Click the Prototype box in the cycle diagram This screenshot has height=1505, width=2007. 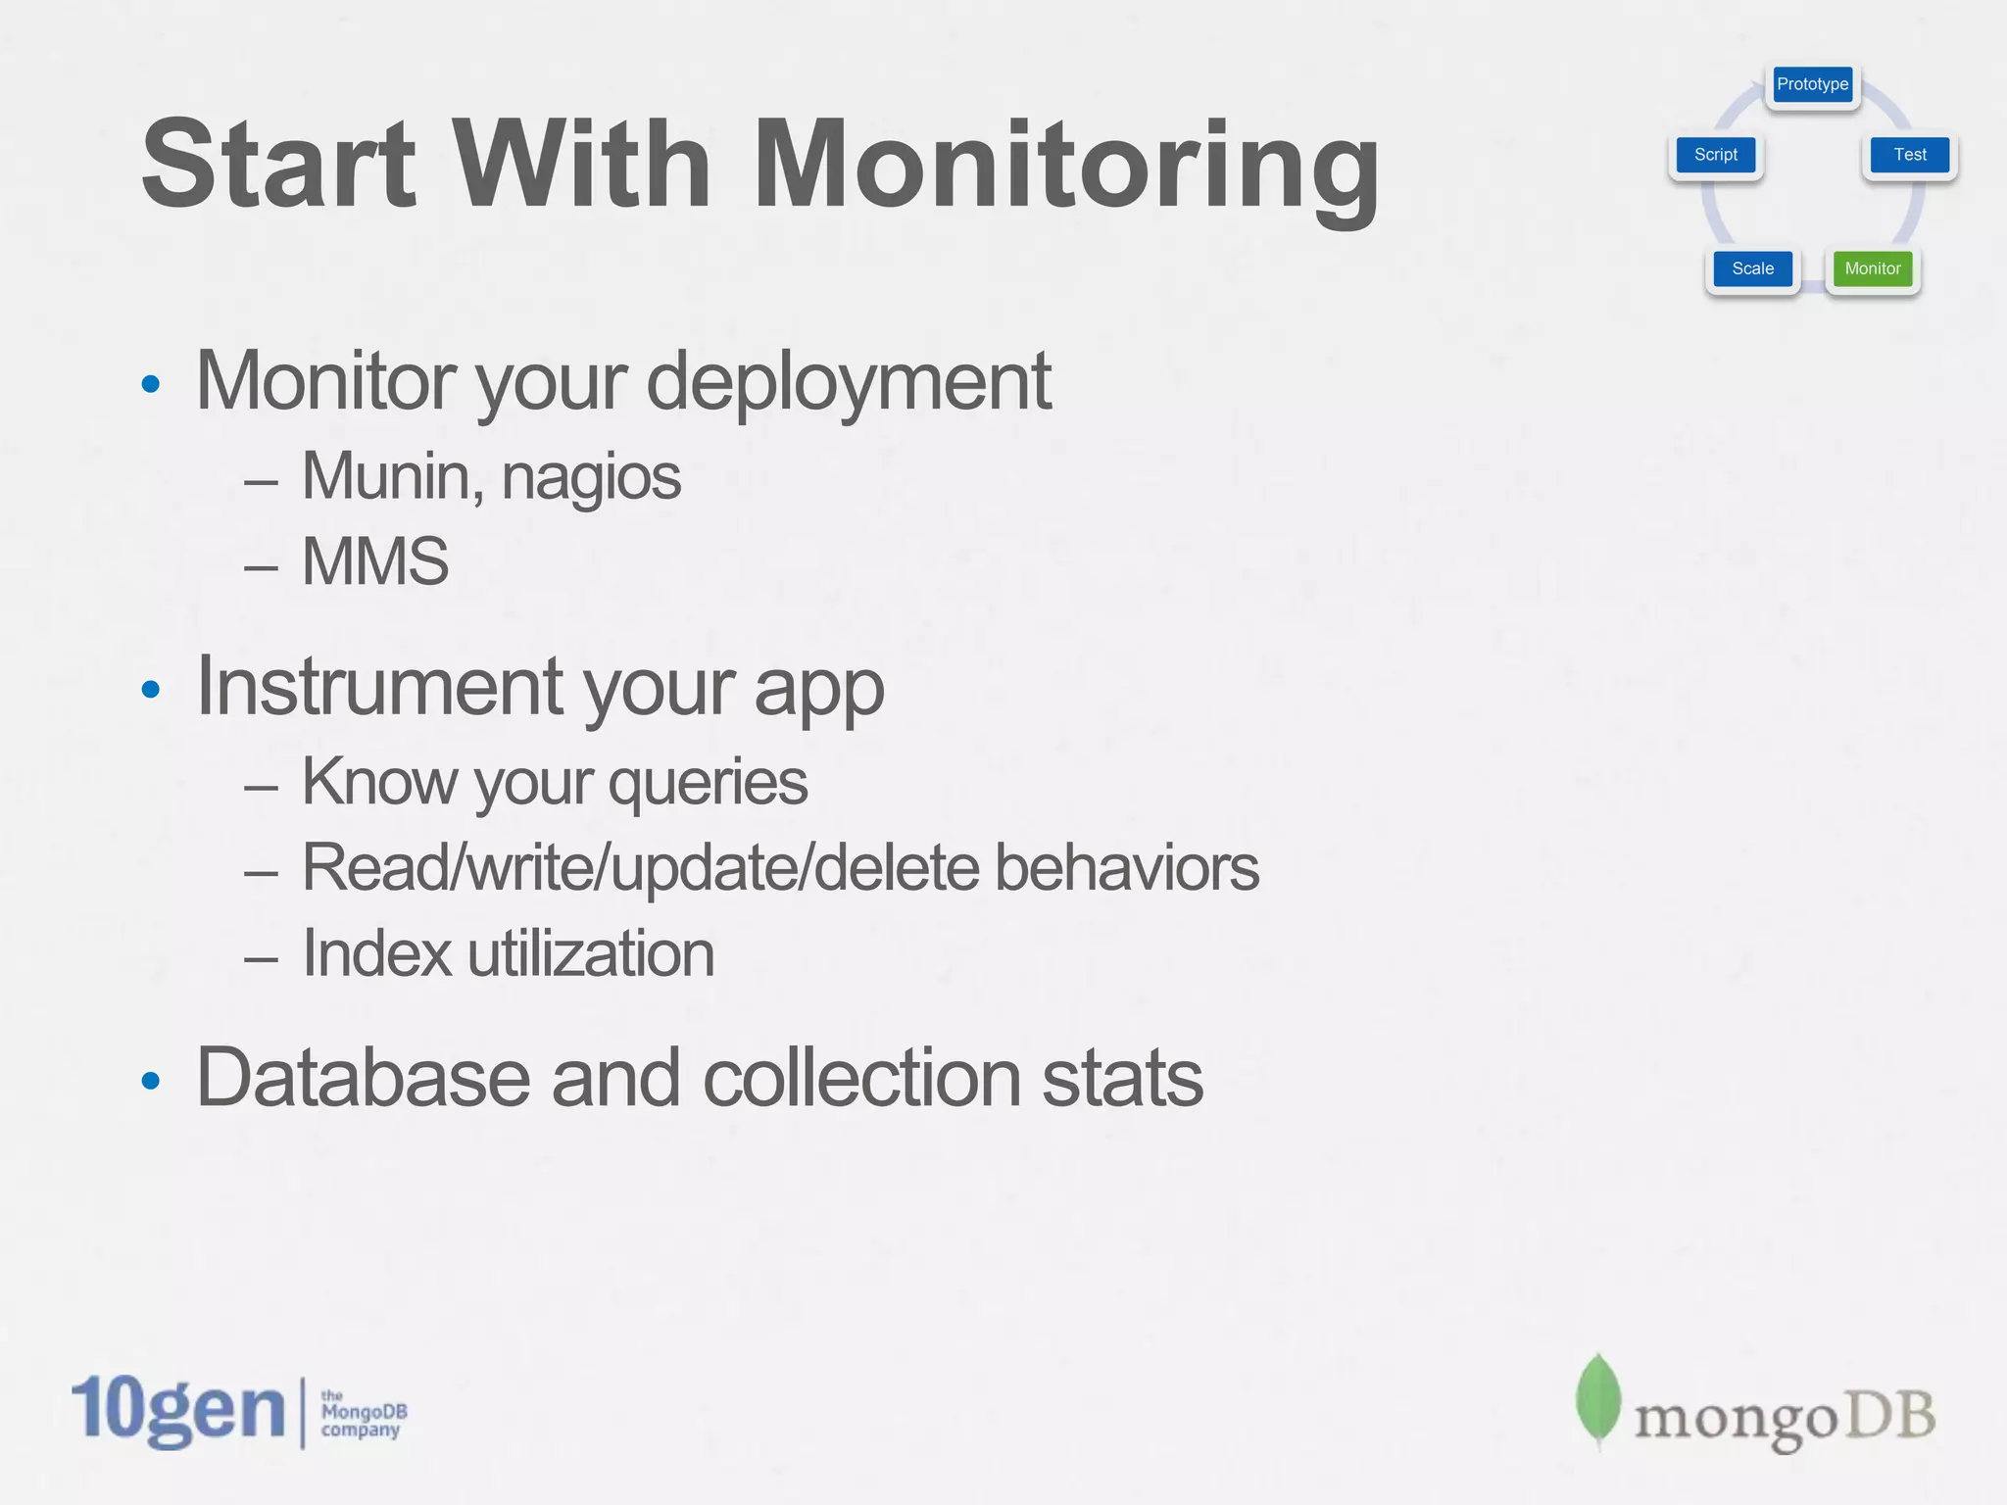click(1812, 84)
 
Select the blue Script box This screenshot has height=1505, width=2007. click(1715, 155)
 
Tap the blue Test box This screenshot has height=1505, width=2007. click(1909, 155)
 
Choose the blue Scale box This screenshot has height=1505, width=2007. click(1752, 268)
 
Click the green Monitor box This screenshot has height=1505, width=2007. click(1872, 268)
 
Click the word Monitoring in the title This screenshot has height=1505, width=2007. click(1066, 165)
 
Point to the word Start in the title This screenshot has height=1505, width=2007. click(278, 165)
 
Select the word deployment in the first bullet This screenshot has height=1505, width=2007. click(848, 382)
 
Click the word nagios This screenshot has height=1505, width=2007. click(591, 477)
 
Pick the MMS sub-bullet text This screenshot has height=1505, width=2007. click(375, 561)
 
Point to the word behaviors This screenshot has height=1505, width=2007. click(1126, 868)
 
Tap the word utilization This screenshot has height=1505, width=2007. click(591, 953)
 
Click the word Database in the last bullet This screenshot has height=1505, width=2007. click(364, 1078)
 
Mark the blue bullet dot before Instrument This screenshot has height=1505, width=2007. click(150, 690)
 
